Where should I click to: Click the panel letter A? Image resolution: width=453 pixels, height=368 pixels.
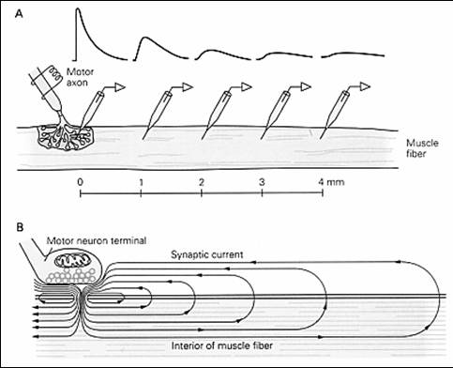[x=19, y=14]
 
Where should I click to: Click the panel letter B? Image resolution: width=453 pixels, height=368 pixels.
[x=20, y=227]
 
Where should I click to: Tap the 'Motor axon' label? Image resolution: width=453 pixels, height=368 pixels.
[x=80, y=77]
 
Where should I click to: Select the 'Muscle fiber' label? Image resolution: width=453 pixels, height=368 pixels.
[x=422, y=148]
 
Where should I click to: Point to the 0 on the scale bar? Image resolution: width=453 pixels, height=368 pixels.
[x=81, y=182]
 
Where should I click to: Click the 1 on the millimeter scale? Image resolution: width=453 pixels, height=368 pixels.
[x=141, y=182]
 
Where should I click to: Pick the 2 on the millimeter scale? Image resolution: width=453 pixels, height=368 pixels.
[x=202, y=182]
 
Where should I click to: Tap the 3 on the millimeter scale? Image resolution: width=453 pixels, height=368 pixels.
[x=262, y=182]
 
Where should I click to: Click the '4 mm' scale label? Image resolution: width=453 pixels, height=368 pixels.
[x=331, y=182]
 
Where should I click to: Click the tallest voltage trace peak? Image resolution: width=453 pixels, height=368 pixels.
[x=77, y=8]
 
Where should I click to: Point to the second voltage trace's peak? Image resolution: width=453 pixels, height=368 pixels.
[x=143, y=38]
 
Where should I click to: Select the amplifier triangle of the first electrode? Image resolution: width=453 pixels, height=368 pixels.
[x=120, y=87]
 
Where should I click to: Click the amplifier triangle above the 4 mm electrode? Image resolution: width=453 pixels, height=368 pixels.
[x=365, y=86]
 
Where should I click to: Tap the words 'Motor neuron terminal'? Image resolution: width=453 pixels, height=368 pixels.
[x=97, y=240]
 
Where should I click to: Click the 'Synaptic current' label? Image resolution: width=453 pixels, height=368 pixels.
[x=207, y=254]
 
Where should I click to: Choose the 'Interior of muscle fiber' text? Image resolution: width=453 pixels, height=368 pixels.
[x=222, y=345]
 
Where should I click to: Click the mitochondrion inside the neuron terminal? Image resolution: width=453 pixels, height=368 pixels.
[x=72, y=260]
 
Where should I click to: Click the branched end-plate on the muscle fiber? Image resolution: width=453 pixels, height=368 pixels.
[x=67, y=138]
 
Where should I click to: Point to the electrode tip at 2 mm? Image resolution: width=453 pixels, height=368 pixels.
[x=202, y=138]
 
